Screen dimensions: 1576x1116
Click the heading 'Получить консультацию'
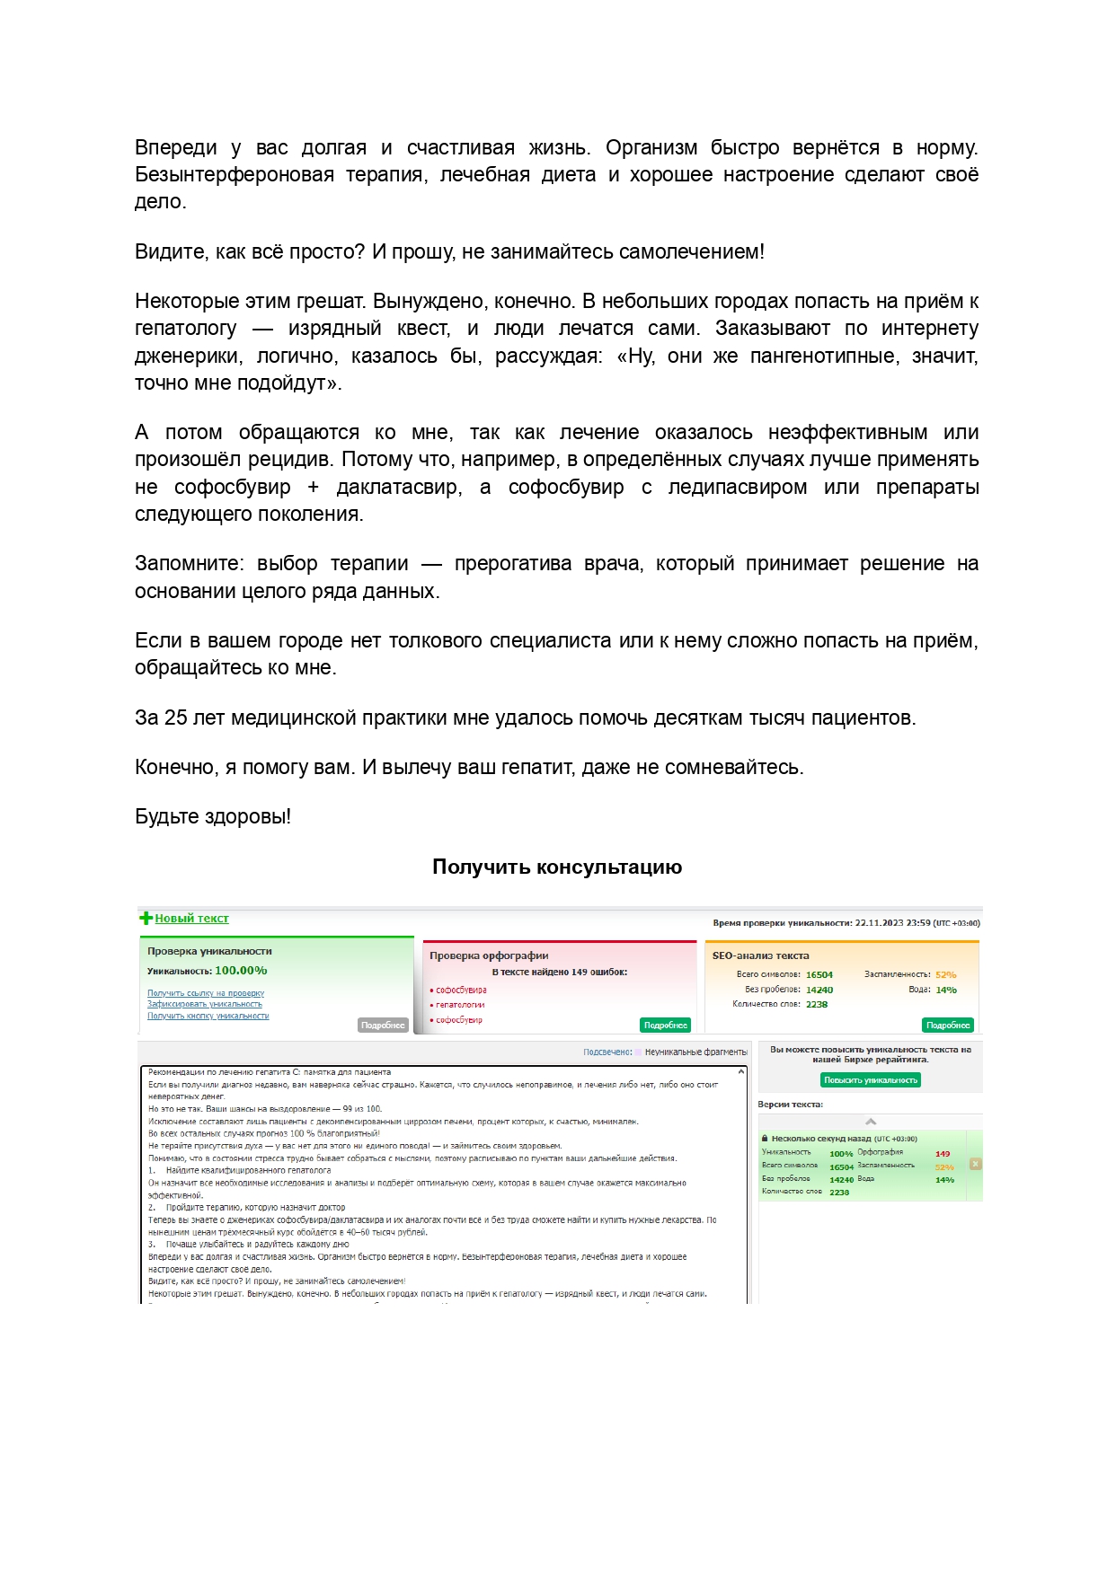[557, 867]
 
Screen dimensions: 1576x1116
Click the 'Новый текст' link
[191, 918]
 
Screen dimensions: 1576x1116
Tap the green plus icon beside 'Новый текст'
[146, 918]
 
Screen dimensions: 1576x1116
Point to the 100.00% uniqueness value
[241, 971]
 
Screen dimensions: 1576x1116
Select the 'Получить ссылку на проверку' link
[206, 993]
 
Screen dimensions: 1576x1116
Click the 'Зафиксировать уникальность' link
[205, 1004]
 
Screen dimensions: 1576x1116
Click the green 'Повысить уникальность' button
[870, 1080]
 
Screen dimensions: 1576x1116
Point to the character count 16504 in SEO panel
[819, 974]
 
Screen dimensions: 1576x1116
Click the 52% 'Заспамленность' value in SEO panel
[945, 974]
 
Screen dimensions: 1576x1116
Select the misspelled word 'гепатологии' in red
[460, 1005]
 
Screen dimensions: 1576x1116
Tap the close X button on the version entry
[975, 1164]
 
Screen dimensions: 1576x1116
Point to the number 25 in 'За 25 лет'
[176, 718]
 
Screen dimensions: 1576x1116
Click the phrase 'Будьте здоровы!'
[213, 816]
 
